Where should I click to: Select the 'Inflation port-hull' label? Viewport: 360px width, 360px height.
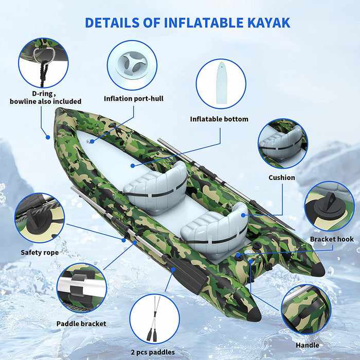(134, 99)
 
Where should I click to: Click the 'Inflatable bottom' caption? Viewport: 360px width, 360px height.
(219, 119)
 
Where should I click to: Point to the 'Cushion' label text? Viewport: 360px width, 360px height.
(282, 177)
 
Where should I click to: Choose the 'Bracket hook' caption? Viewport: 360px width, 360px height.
(332, 239)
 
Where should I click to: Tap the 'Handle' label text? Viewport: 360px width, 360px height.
(307, 345)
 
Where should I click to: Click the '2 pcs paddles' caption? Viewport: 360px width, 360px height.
(153, 352)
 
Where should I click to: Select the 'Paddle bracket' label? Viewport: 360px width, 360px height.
(81, 323)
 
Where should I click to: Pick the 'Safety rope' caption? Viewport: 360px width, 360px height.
(40, 253)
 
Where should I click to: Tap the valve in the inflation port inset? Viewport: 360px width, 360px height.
(132, 65)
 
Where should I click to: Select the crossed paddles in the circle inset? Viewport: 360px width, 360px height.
(153, 319)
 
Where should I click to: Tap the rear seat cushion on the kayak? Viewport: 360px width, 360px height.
(214, 229)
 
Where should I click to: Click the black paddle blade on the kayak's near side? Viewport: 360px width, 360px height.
(187, 274)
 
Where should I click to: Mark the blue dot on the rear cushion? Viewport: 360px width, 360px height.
(243, 215)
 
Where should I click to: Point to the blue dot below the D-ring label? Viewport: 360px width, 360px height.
(48, 137)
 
